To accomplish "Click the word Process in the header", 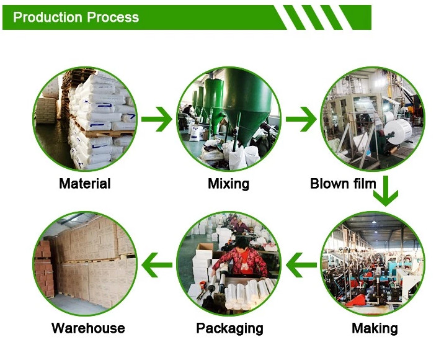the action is pos(113,17).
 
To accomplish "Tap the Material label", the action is pos(85,183).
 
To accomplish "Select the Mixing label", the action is pos(229,184).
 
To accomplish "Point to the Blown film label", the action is pos(343,183).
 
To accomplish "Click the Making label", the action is pos(375,328).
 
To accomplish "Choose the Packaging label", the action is pos(229,328).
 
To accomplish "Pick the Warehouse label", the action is pos(88,328).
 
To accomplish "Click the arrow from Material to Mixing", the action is pos(157,119).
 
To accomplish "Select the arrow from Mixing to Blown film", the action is pos(301,119).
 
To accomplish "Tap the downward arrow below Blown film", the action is pos(386,191).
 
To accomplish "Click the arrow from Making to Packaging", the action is pos(301,265).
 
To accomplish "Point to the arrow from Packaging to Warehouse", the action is pos(157,265).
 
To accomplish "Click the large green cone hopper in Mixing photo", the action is pos(247,105).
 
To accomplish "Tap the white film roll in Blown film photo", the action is pos(397,132).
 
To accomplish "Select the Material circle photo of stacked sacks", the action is pos(85,119).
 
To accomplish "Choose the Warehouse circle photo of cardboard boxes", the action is pos(85,264).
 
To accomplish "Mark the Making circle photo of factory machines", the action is pos(373,264).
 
